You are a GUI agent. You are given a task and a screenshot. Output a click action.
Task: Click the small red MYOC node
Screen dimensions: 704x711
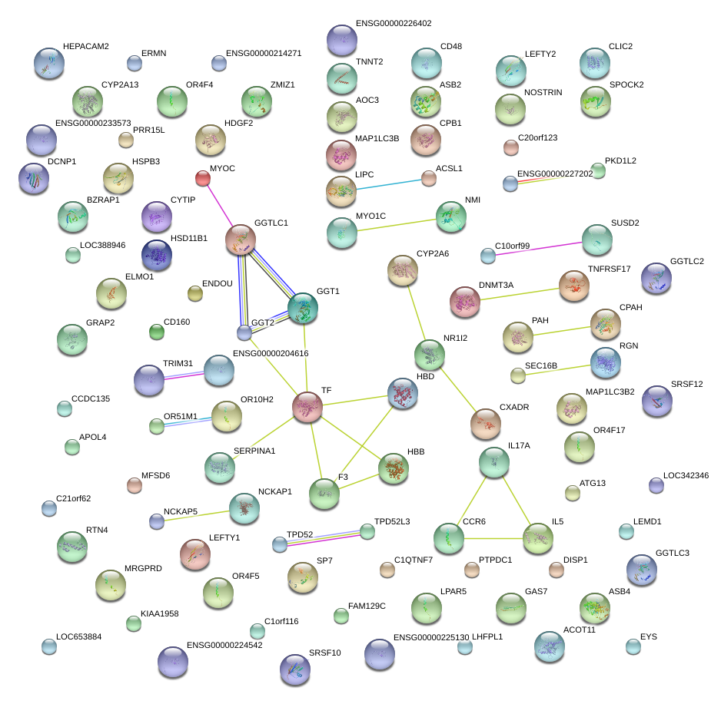pos(203,179)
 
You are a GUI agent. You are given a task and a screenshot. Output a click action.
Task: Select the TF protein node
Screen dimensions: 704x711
pos(307,407)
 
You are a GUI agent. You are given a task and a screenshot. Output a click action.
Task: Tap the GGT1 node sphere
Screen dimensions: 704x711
pos(303,308)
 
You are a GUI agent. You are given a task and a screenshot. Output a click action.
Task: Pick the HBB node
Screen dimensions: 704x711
pos(394,468)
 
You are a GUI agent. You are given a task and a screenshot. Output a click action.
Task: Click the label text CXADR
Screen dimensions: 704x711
pos(514,407)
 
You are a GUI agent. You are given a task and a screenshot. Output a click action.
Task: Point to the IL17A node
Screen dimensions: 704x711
pos(493,461)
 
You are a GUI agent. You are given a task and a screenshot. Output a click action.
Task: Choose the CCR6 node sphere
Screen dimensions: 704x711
pos(448,538)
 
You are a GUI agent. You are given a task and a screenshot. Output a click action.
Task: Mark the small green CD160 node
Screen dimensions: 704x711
pos(157,332)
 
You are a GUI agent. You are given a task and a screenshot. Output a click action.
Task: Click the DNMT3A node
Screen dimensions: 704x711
pos(464,302)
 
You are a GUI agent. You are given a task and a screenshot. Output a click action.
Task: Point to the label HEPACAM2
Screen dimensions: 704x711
pos(86,47)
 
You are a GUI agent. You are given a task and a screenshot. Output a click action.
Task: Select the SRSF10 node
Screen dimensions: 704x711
pos(295,669)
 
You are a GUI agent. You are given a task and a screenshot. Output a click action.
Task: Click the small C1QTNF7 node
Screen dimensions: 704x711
pos(387,570)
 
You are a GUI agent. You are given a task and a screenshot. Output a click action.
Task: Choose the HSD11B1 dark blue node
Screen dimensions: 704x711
pos(157,255)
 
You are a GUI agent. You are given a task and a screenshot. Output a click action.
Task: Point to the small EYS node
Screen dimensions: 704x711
pos(633,646)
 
